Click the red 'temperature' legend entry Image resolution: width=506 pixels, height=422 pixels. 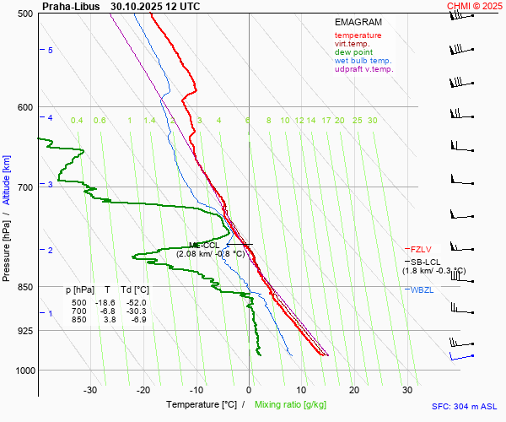(x=358, y=35)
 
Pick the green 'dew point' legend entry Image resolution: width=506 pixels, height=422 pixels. (x=353, y=52)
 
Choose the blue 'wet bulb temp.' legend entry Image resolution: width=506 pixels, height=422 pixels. (x=363, y=61)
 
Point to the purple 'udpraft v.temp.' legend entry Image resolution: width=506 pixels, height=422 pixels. (x=363, y=69)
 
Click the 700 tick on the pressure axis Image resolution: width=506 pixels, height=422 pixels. (x=24, y=187)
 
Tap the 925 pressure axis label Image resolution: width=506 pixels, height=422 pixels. (x=24, y=330)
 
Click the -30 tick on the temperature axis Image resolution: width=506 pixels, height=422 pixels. (x=90, y=389)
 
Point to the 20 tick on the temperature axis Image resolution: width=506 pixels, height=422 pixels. (x=354, y=389)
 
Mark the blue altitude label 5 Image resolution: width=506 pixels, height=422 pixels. (x=50, y=51)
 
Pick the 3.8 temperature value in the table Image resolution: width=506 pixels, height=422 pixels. (x=109, y=320)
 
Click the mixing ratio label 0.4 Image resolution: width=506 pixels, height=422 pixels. (x=77, y=121)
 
